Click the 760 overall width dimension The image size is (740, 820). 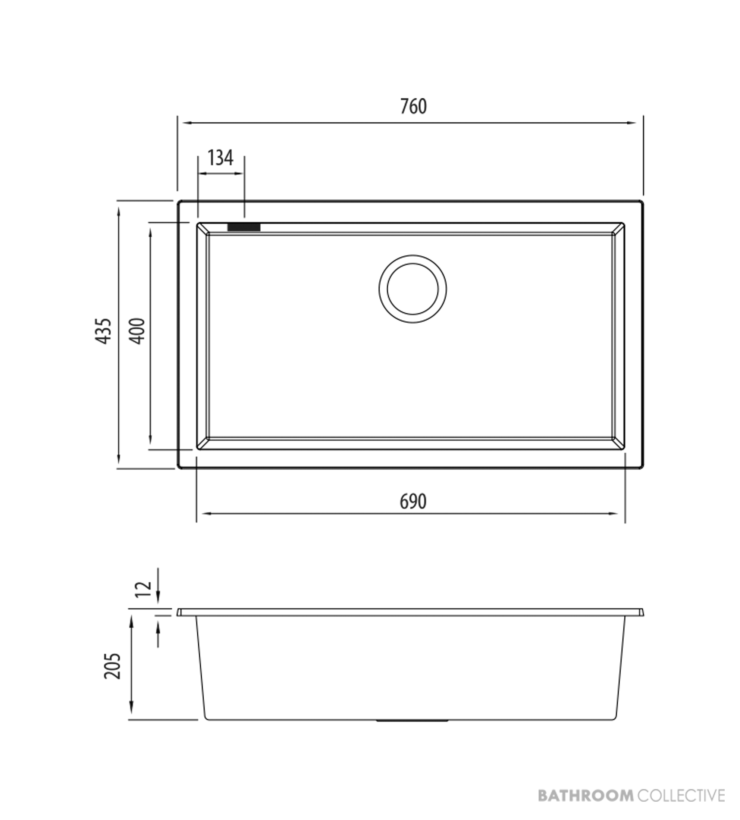click(414, 107)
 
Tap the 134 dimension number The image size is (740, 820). click(220, 158)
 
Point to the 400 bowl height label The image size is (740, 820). click(138, 331)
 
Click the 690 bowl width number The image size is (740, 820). click(413, 501)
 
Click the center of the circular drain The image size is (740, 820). click(413, 289)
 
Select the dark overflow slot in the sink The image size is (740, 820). click(244, 227)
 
